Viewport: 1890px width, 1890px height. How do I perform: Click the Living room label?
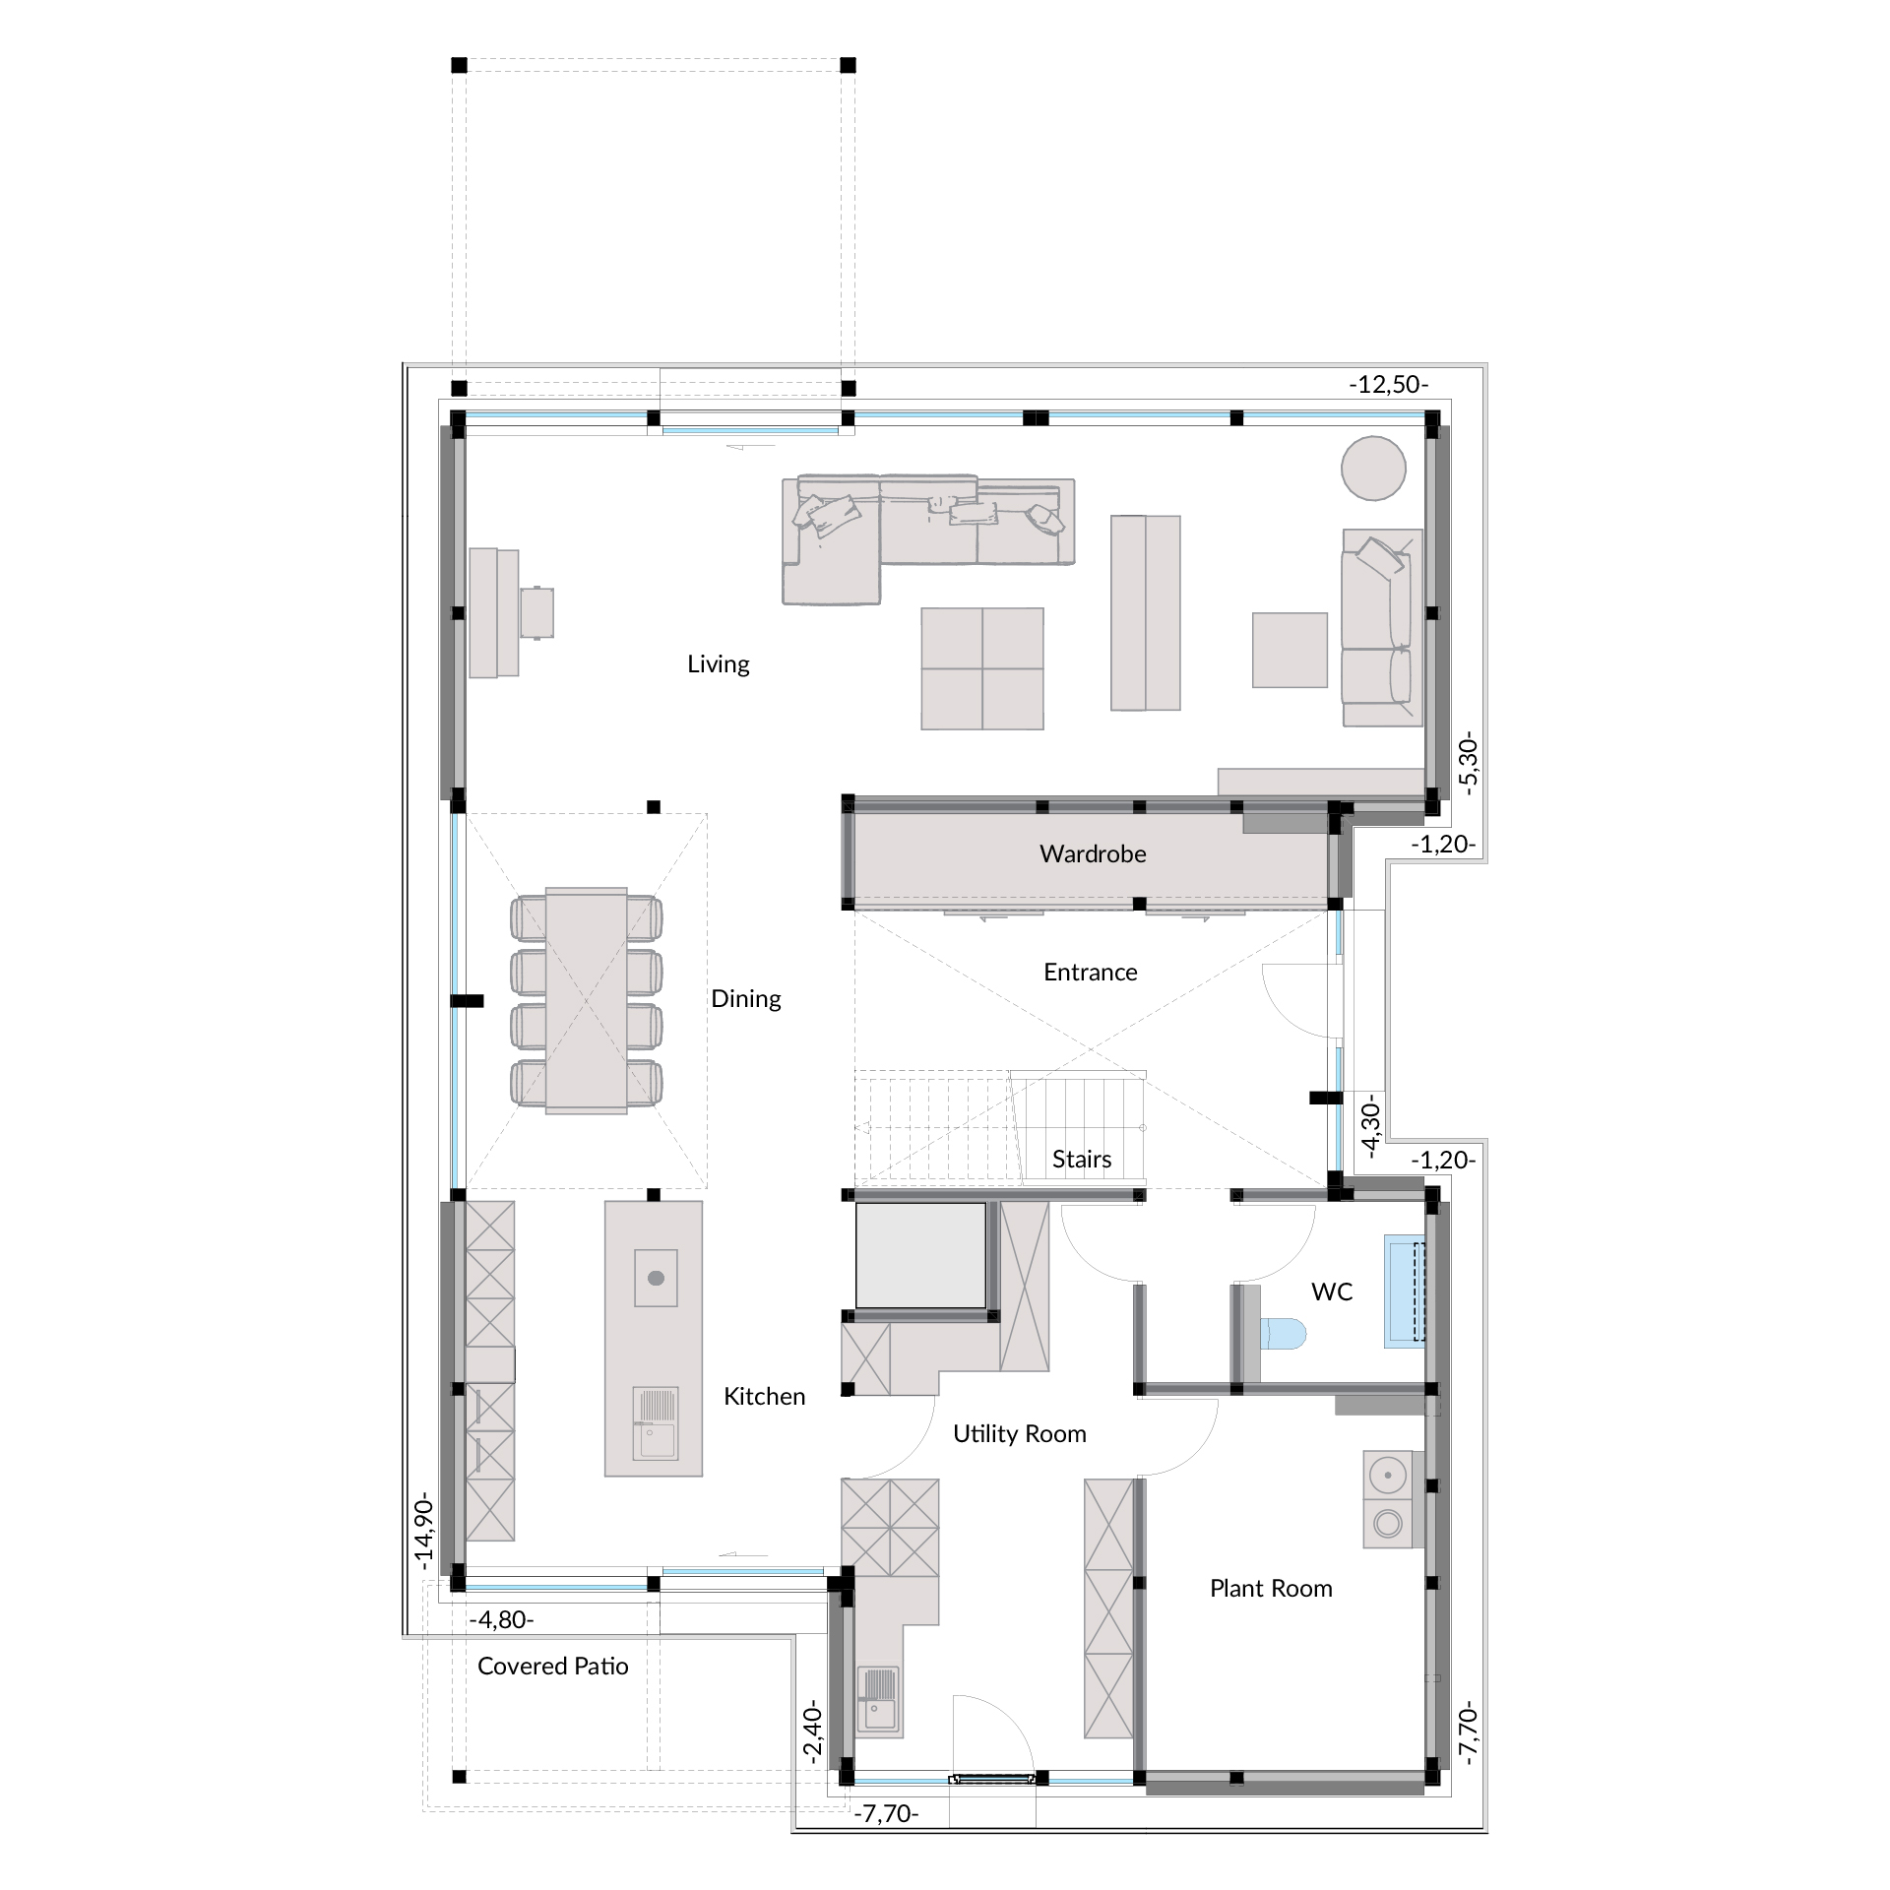718,664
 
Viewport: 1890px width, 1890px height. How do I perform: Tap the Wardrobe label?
1093,853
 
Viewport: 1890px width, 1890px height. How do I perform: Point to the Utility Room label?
1020,1434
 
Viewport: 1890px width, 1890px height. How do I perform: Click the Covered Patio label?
553,1666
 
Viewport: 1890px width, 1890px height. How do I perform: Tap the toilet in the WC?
1284,1334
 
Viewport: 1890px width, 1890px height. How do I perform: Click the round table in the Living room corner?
1373,468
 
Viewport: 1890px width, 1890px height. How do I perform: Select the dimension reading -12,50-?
1388,385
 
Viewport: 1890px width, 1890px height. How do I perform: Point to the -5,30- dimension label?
1469,763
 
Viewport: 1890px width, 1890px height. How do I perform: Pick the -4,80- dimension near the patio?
501,1619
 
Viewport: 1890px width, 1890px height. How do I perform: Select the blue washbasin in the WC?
1405,1291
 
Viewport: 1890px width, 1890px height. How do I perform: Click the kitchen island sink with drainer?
656,1422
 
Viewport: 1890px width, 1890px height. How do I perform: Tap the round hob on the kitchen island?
656,1278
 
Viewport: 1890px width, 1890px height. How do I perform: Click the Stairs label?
1082,1160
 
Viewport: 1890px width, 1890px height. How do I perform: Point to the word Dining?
746,999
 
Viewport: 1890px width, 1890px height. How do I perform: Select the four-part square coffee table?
982,668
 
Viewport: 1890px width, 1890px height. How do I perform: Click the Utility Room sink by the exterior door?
878,1699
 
